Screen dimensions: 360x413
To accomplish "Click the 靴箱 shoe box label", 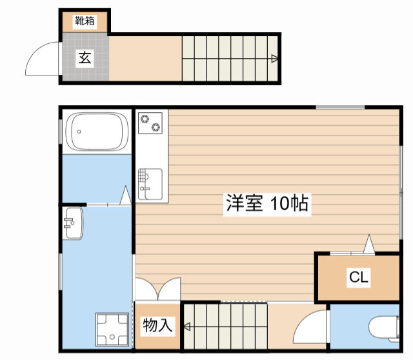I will (x=85, y=21).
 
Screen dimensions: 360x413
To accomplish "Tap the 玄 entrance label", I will (x=85, y=58).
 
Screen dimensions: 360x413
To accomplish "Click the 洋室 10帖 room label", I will (x=267, y=204).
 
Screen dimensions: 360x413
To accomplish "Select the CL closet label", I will (x=359, y=277).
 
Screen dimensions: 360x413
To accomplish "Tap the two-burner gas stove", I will (x=151, y=123).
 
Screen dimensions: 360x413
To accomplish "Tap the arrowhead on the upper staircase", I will (x=275, y=59).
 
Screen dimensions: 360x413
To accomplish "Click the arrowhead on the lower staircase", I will (x=186, y=326).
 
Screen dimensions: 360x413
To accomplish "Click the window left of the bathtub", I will (x=61, y=132).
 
